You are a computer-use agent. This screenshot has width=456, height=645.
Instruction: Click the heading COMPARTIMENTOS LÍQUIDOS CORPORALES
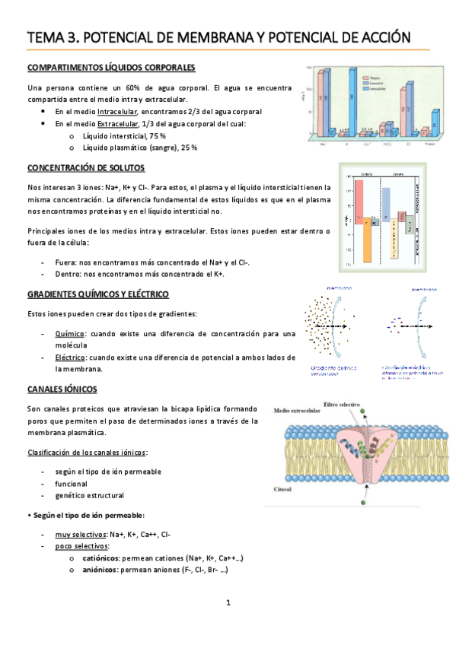tap(111, 68)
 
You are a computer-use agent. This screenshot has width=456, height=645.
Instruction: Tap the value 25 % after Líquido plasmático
tap(190, 148)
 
